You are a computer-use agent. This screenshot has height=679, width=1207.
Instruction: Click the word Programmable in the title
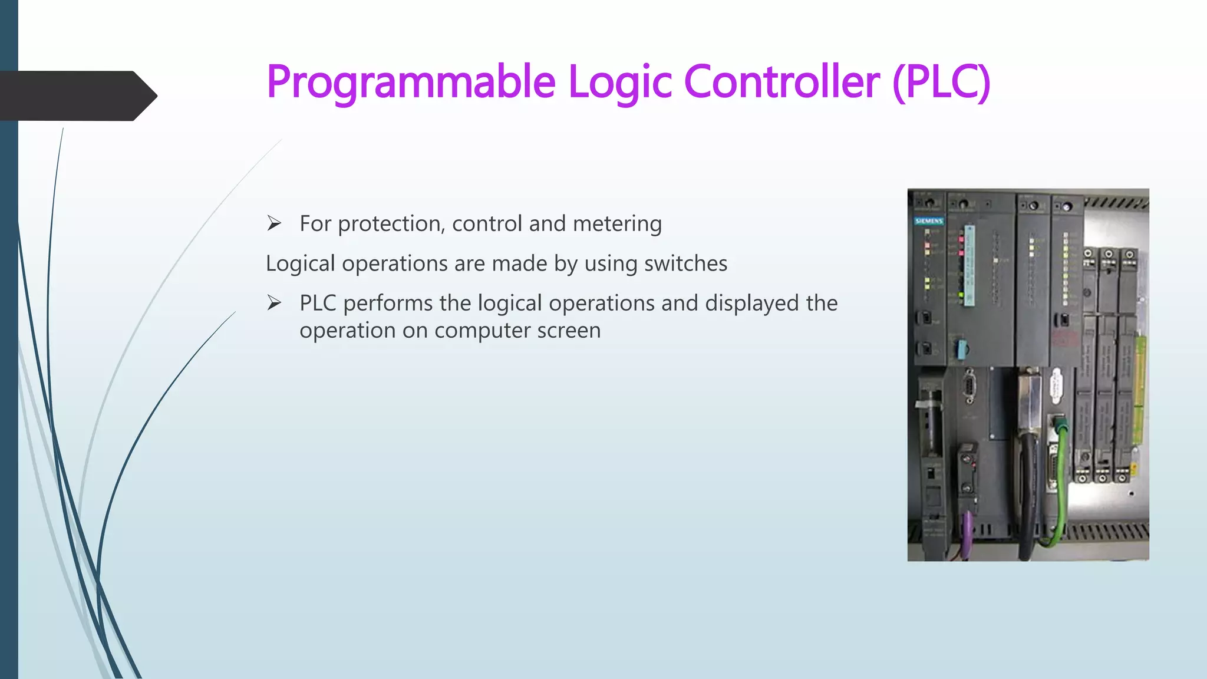(411, 83)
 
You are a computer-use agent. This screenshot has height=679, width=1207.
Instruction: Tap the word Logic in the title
(619, 83)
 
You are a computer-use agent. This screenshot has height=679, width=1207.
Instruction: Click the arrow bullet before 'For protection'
(274, 223)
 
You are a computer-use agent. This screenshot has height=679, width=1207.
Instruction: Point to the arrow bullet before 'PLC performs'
(274, 303)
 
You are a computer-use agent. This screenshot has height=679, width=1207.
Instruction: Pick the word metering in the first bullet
(617, 224)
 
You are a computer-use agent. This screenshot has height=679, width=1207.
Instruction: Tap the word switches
(685, 263)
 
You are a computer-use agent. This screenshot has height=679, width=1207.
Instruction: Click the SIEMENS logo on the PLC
(929, 221)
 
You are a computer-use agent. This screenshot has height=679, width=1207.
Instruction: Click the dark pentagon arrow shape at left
(77, 95)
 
